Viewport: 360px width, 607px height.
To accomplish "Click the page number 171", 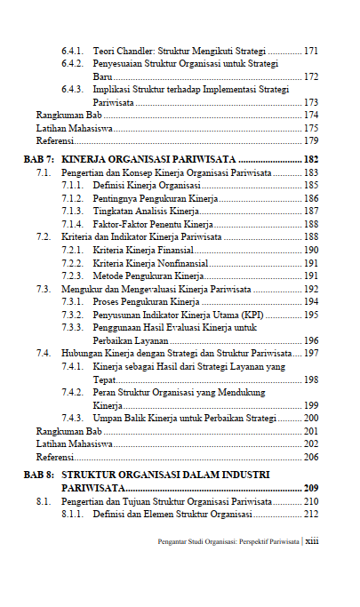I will pyautogui.click(x=311, y=51).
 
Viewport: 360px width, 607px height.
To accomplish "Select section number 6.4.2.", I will pyautogui.click(x=72, y=64).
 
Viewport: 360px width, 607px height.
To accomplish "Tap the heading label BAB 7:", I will pyautogui.click(x=38, y=158).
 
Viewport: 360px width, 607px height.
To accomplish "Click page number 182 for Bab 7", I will pyautogui.click(x=310, y=158).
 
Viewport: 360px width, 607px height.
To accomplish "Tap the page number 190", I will pyautogui.click(x=311, y=251).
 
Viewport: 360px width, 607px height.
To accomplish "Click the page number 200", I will pyautogui.click(x=311, y=418).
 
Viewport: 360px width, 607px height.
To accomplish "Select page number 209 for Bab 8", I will pyautogui.click(x=310, y=488).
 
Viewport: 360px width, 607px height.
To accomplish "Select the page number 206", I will pyautogui.click(x=311, y=457).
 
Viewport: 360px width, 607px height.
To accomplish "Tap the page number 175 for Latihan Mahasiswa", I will pyautogui.click(x=311, y=128).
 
